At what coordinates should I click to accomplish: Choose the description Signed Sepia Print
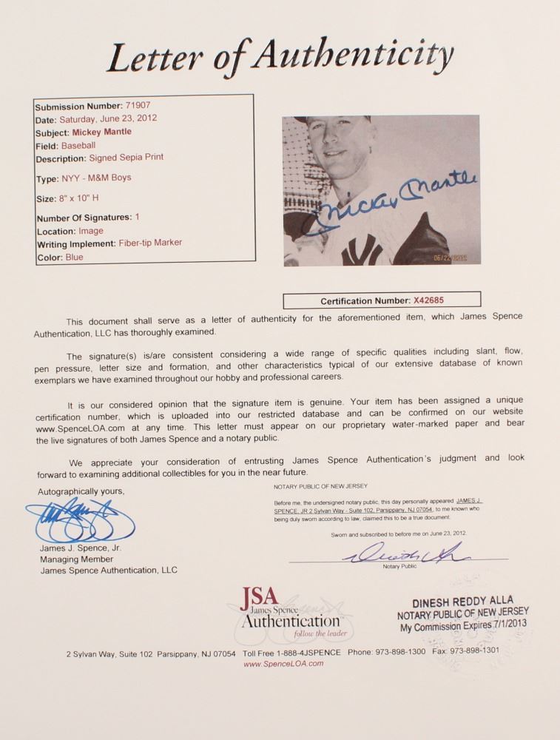(x=127, y=158)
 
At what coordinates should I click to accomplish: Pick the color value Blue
(x=74, y=258)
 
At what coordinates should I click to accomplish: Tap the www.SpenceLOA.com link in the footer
(x=283, y=664)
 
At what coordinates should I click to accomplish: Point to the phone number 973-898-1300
(x=398, y=653)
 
